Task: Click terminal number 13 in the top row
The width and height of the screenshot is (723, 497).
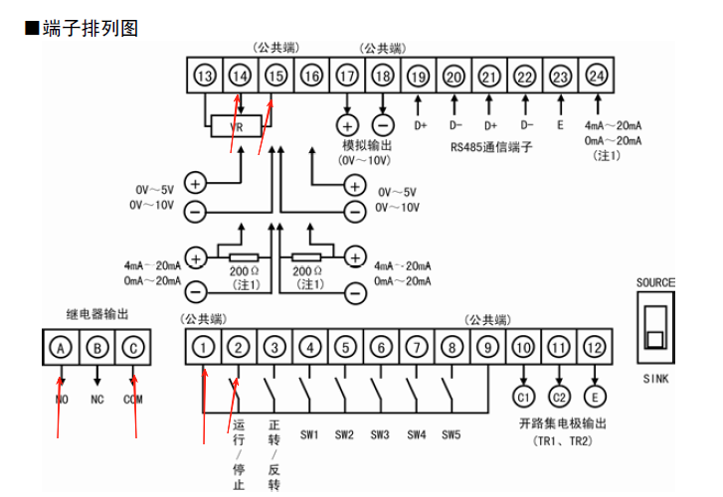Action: click(x=204, y=77)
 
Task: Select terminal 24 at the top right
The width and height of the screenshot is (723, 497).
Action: click(x=596, y=77)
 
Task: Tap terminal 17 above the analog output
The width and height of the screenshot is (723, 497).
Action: click(x=347, y=77)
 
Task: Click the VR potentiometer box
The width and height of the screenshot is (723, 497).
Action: click(x=238, y=126)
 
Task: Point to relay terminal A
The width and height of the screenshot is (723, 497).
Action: click(x=61, y=348)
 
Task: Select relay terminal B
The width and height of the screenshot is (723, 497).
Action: click(x=96, y=348)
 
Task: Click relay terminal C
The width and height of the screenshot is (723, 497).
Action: click(x=132, y=348)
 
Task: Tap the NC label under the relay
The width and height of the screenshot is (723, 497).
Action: click(x=96, y=400)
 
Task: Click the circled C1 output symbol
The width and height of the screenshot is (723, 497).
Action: click(x=523, y=398)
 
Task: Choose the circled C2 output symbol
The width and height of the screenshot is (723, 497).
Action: click(x=559, y=398)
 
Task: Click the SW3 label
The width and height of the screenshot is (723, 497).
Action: click(x=380, y=434)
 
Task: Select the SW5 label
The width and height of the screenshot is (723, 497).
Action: click(x=452, y=434)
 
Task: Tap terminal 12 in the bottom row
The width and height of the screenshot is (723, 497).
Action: click(x=595, y=348)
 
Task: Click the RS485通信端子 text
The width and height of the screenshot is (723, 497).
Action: click(x=491, y=148)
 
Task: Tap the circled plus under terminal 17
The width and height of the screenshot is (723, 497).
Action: click(x=347, y=125)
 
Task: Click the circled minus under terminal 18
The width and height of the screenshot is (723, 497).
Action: click(x=383, y=125)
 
